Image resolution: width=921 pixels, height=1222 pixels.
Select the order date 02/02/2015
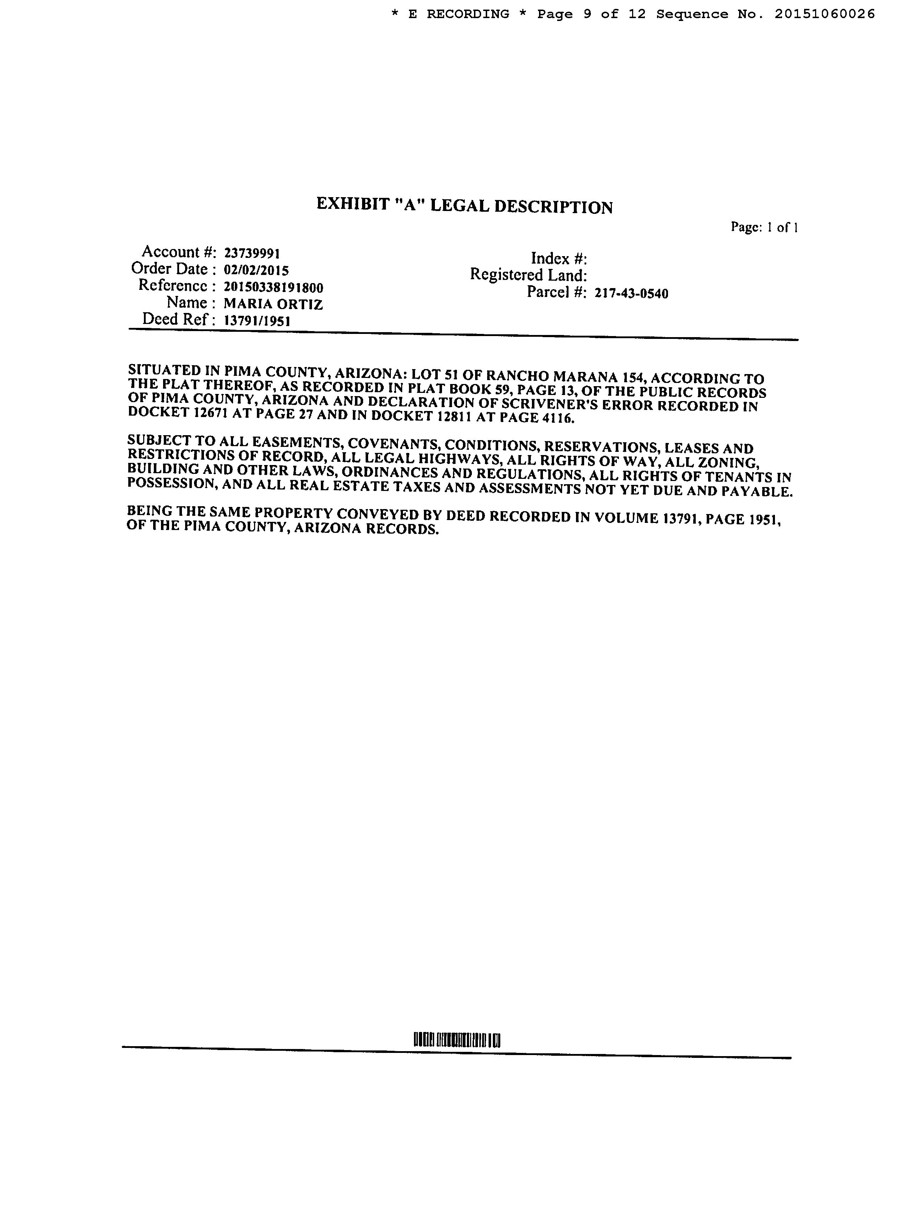click(256, 270)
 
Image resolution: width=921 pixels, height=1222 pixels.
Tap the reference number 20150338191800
click(273, 287)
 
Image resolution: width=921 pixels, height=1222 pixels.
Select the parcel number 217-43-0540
click(631, 293)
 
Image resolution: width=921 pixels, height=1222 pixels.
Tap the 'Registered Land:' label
click(528, 275)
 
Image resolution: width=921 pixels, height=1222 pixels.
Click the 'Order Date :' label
click(169, 269)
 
